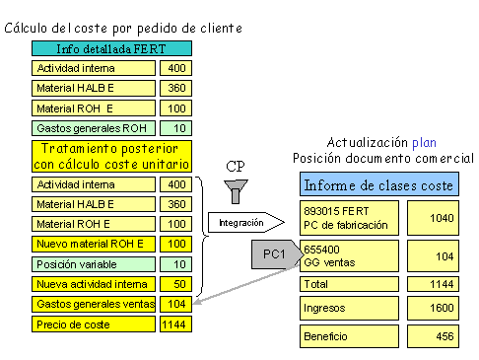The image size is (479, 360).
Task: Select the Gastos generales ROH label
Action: pyautogui.click(x=92, y=128)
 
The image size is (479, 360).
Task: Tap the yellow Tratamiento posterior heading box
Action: pyautogui.click(x=110, y=156)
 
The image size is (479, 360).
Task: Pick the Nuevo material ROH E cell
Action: pyautogui.click(x=92, y=244)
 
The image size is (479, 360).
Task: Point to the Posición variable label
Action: pyautogui.click(x=92, y=264)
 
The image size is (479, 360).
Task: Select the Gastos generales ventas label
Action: pyautogui.click(x=92, y=304)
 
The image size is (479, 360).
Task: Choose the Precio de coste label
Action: pyautogui.click(x=92, y=324)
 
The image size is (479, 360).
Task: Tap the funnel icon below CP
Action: pyautogui.click(x=236, y=187)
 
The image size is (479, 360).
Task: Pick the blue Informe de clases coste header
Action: pyautogui.click(x=378, y=184)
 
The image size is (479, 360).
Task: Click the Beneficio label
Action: pyautogui.click(x=349, y=336)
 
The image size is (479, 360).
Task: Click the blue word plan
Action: pyautogui.click(x=424, y=142)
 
